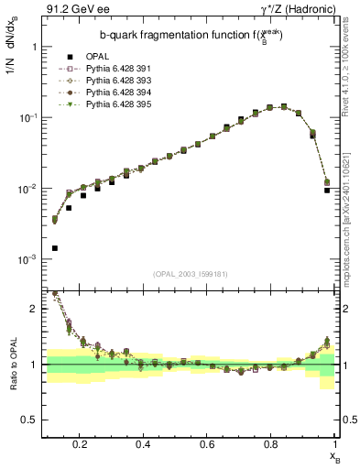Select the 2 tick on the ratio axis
click(x=31, y=309)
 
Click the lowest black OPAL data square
click(x=55, y=248)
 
